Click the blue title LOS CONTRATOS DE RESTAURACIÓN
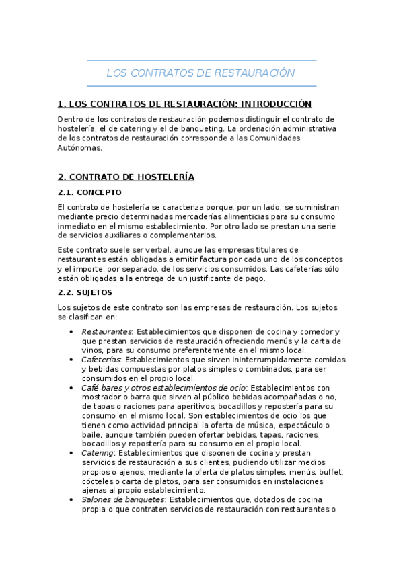pyautogui.click(x=201, y=73)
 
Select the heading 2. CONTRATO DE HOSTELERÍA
pyautogui.click(x=126, y=177)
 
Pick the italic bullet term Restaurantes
pyautogui.click(x=106, y=332)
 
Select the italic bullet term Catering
pyautogui.click(x=98, y=453)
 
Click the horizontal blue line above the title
pyautogui.click(x=201, y=60)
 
